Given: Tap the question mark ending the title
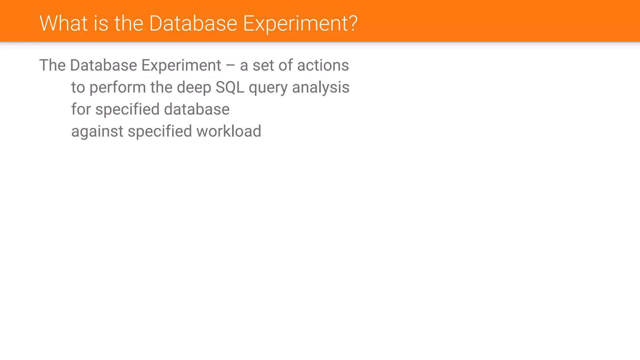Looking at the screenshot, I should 353,23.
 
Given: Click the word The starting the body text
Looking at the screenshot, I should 52,65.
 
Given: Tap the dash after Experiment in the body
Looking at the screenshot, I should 230,66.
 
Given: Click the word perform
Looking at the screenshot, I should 117,88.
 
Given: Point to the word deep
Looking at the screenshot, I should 194,88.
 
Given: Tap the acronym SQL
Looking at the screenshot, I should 230,87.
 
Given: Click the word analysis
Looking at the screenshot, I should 321,88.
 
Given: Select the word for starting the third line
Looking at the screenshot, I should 81,109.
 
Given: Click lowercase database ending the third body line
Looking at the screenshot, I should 197,109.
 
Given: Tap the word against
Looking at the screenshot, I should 97,132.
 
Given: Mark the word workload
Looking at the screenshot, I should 229,131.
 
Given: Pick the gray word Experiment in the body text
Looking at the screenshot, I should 181,66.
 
